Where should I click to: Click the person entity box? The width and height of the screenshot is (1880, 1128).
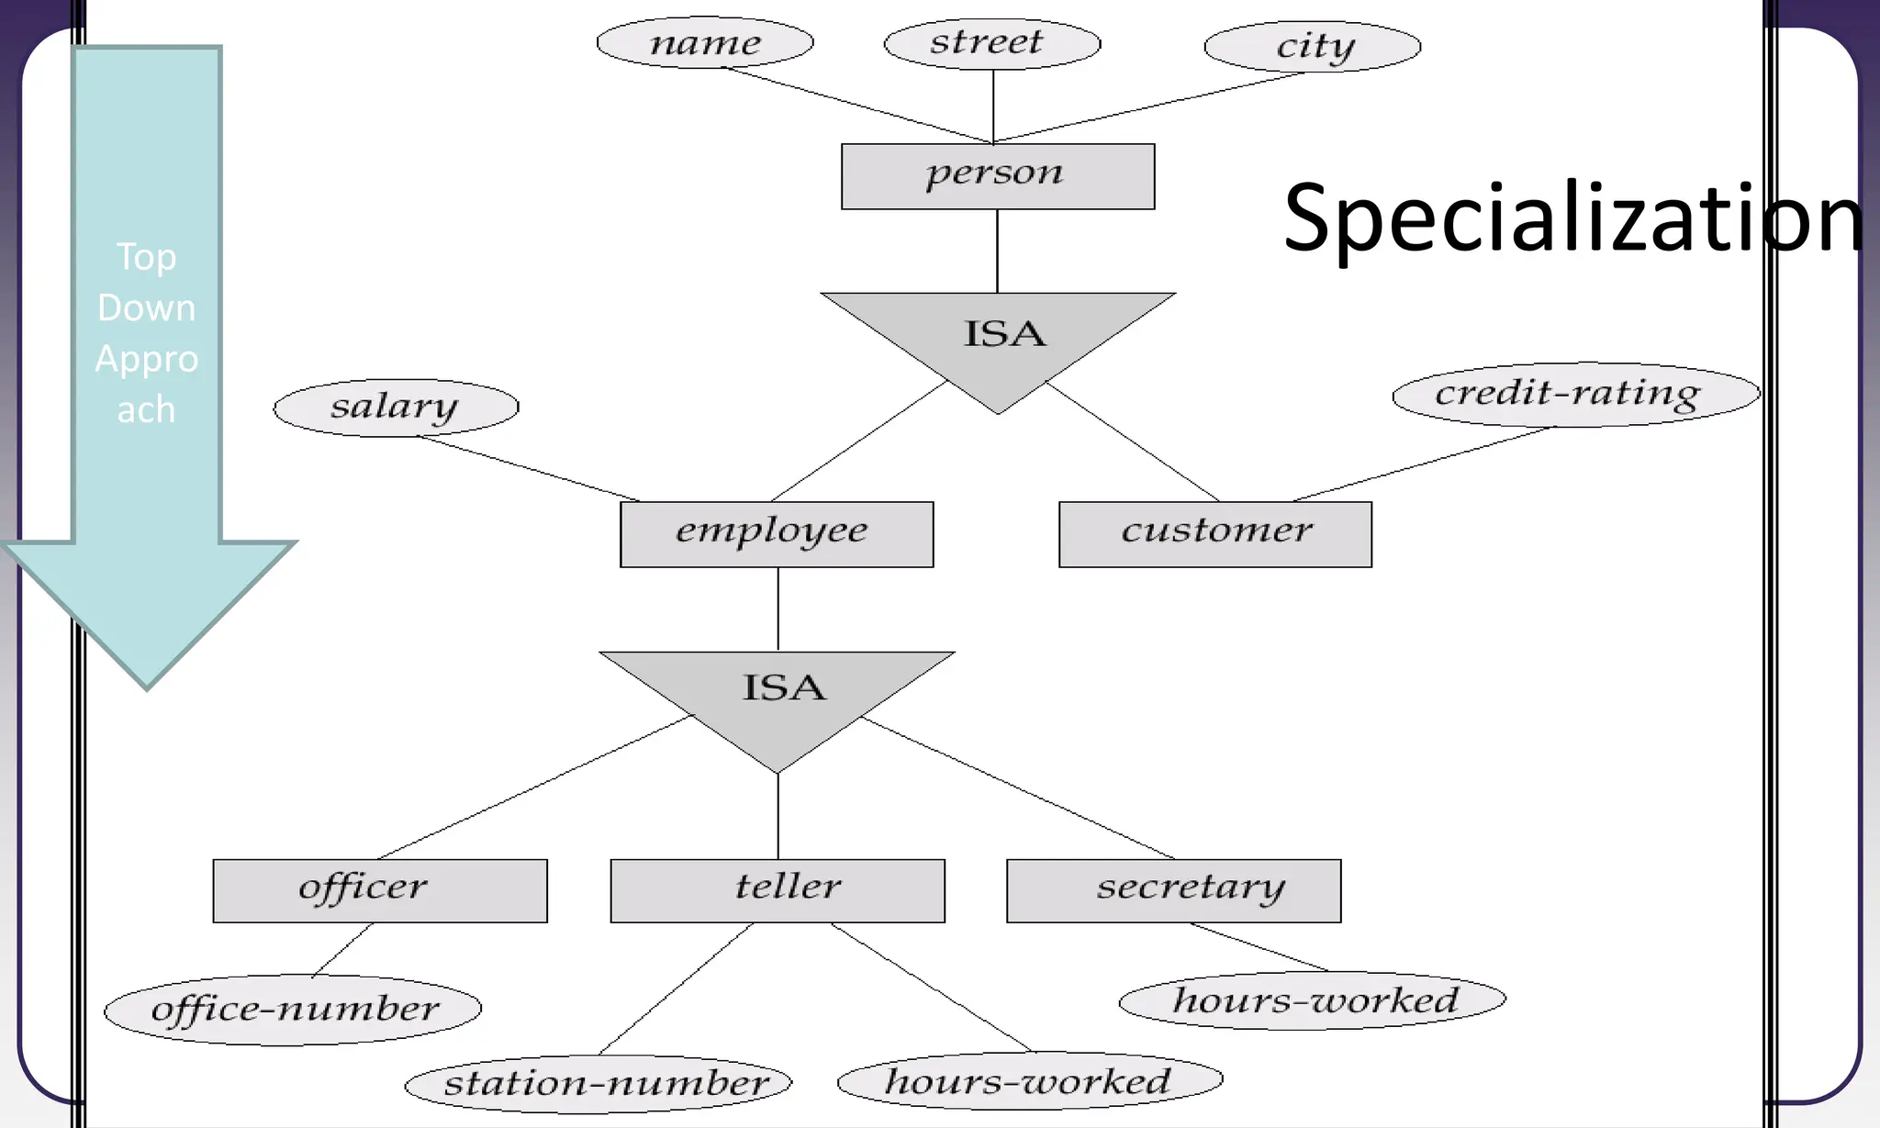tap(998, 176)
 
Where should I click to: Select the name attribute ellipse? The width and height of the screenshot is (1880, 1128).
tap(705, 42)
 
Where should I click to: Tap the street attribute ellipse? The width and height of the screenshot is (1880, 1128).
tap(991, 42)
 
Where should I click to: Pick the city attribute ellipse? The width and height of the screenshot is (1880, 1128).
tap(1312, 46)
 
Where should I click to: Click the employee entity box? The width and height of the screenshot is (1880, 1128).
tap(777, 534)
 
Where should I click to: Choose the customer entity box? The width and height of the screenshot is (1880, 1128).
tap(1215, 534)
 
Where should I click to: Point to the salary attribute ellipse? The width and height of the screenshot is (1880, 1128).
tap(396, 408)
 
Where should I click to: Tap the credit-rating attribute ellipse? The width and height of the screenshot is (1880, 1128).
tap(1575, 395)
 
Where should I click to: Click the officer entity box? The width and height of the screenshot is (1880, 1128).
tap(380, 890)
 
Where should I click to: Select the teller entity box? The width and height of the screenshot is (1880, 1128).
tap(778, 890)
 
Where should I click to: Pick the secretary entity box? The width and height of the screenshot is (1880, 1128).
tap(1173, 890)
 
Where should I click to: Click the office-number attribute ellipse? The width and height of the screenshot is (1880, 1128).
tap(293, 1010)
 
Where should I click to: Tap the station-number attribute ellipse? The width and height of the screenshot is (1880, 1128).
tap(599, 1084)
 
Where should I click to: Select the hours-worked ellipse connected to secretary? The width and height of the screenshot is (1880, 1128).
tap(1313, 1000)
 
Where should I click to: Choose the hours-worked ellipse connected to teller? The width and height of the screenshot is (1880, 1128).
tap(1030, 1081)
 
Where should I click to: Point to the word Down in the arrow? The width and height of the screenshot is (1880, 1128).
tap(147, 307)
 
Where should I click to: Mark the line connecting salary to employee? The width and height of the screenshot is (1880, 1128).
tap(530, 469)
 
